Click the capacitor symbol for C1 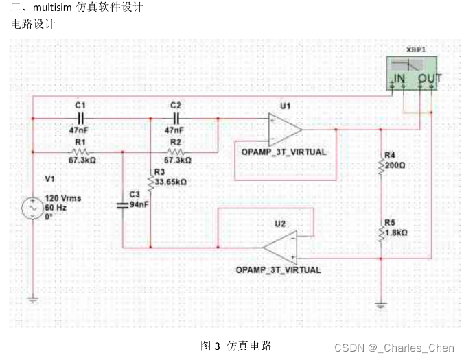80,118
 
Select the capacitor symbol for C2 176,118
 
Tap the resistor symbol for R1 80,151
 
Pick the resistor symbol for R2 176,151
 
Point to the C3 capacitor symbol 122,204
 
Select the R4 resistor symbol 381,165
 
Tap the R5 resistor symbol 381,232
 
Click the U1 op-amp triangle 286,128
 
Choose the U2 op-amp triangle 281,247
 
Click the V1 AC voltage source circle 32,206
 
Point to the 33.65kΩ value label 170,182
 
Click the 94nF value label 139,204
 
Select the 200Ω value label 396,165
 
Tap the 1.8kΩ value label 396,232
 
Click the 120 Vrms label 62,198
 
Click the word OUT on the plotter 430,79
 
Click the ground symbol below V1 32,298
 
